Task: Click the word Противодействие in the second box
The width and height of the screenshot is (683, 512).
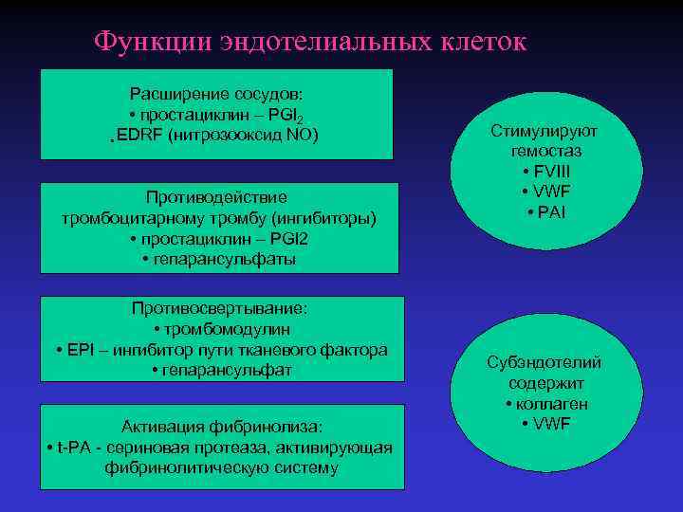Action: click(217, 197)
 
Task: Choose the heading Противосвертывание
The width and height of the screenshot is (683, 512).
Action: click(221, 308)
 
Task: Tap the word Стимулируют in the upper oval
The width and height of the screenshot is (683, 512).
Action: click(544, 131)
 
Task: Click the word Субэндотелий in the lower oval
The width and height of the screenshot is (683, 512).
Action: click(544, 363)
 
